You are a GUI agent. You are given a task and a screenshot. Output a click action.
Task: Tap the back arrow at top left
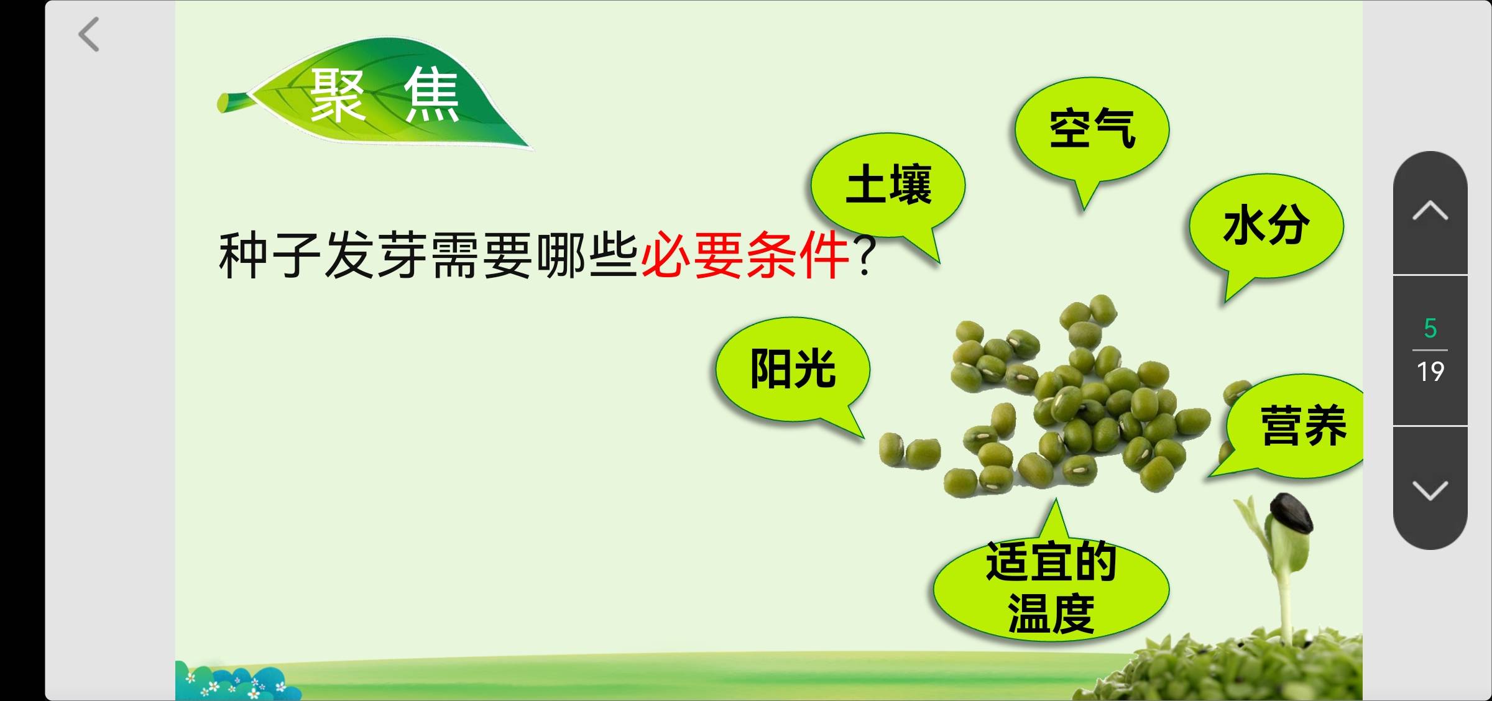coord(89,34)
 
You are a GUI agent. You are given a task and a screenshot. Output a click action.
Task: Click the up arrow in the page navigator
coord(1430,211)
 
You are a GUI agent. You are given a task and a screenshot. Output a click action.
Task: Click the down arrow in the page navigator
coord(1430,490)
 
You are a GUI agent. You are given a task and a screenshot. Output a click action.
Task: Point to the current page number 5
coord(1430,328)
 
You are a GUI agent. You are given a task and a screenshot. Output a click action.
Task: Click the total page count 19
coord(1430,372)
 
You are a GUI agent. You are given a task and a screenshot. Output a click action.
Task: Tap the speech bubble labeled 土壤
coord(888,186)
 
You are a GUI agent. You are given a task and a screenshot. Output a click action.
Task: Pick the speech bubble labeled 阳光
coord(793,371)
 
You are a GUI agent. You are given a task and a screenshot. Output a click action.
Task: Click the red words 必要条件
coord(745,255)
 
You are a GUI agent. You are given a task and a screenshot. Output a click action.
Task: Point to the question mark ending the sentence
coord(865,255)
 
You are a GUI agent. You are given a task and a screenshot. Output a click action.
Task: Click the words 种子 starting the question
coord(270,255)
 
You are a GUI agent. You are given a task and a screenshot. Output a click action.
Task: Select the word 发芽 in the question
coord(375,255)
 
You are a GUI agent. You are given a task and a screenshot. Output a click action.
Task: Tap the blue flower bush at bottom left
coord(236,682)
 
